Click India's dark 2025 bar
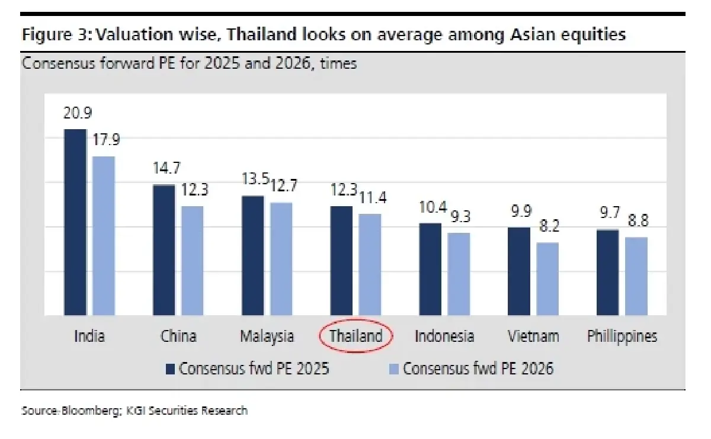click(75, 222)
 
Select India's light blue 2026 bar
click(104, 236)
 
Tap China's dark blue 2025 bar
click(164, 250)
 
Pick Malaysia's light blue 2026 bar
click(281, 259)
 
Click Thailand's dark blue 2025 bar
click(341, 261)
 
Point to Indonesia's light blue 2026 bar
click(458, 274)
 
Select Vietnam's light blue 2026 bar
click(547, 278)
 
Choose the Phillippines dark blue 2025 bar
click(607, 273)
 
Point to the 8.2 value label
click(548, 226)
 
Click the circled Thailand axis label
click(355, 337)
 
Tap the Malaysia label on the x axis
click(267, 337)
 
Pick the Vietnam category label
click(533, 337)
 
